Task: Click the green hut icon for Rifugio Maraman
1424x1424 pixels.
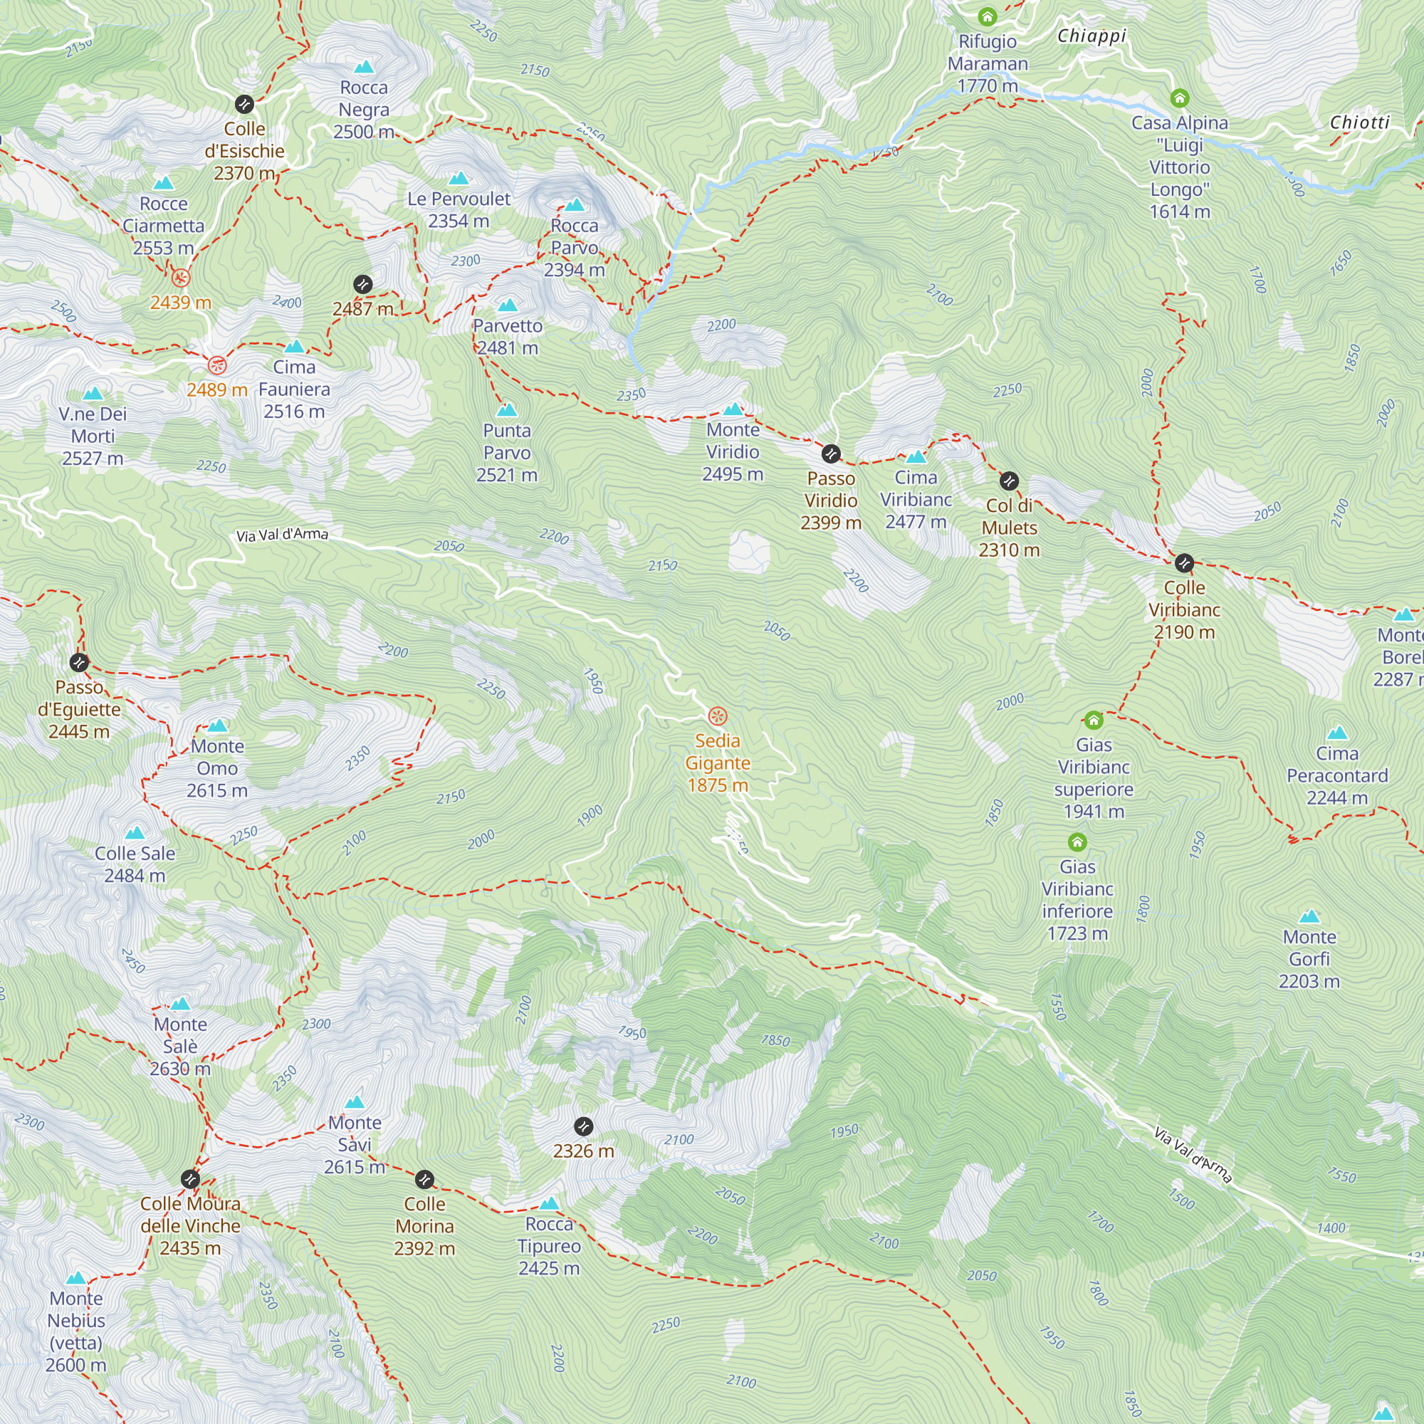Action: pyautogui.click(x=988, y=16)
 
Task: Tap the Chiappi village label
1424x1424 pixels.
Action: pyautogui.click(x=1091, y=36)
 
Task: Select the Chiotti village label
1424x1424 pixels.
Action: pyautogui.click(x=1359, y=122)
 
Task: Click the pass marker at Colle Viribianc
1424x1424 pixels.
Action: pyautogui.click(x=1184, y=564)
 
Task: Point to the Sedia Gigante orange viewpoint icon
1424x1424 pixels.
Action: pyautogui.click(x=717, y=716)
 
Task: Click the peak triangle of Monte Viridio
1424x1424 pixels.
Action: pyautogui.click(x=733, y=410)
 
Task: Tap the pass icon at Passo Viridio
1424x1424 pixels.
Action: pyautogui.click(x=831, y=454)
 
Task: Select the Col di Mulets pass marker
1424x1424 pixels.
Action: pyautogui.click(x=1009, y=482)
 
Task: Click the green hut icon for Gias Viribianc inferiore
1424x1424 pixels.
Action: pyautogui.click(x=1077, y=842)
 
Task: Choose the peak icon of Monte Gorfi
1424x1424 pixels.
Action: pyautogui.click(x=1309, y=917)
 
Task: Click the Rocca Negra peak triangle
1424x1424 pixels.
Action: pyautogui.click(x=363, y=68)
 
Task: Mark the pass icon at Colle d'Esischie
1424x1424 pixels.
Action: pyautogui.click(x=244, y=104)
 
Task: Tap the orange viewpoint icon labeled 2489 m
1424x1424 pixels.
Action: pyautogui.click(x=216, y=365)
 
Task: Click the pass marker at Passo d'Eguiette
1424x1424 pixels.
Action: pyautogui.click(x=79, y=663)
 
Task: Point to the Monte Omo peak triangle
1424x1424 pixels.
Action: pyautogui.click(x=216, y=726)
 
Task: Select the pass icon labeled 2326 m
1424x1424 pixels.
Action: pyautogui.click(x=583, y=1127)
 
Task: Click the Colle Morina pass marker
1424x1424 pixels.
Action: pyautogui.click(x=424, y=1180)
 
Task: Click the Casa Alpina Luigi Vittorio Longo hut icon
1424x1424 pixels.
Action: pyautogui.click(x=1179, y=98)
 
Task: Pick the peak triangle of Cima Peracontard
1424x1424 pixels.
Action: pyautogui.click(x=1337, y=733)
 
